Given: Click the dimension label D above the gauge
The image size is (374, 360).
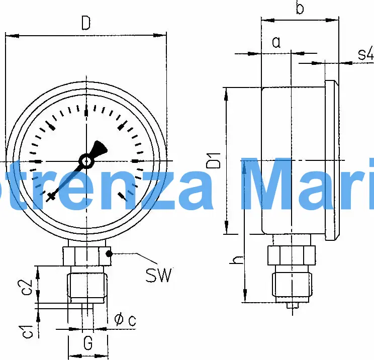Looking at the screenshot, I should click(86, 23).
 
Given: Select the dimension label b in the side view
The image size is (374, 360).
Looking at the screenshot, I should click(300, 9).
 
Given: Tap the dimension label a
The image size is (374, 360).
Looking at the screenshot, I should click(276, 42).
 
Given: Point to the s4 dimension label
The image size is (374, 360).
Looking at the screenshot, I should click(366, 54).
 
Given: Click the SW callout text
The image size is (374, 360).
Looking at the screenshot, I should click(159, 275).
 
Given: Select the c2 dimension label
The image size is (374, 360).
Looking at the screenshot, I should click(28, 287).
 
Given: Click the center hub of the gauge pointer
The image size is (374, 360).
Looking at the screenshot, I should click(86, 161).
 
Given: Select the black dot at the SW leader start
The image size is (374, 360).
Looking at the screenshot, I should click(109, 254).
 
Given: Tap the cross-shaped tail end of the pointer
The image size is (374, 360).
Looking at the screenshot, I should click(51, 197).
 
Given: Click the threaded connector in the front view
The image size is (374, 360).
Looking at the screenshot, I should click(87, 286).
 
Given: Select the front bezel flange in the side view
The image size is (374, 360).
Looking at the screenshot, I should click(331, 160).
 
